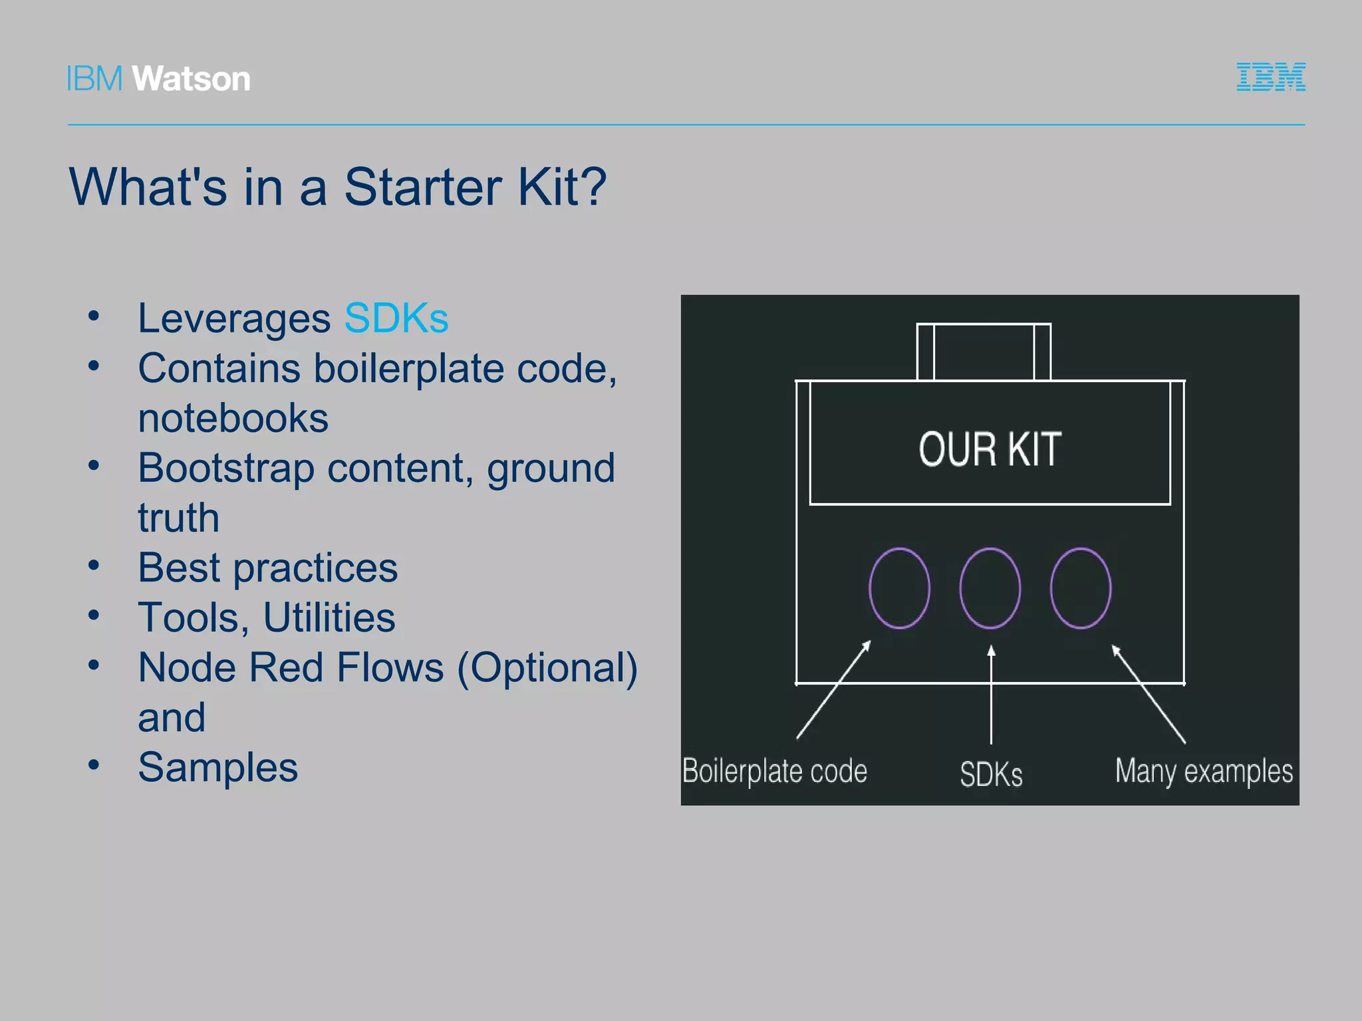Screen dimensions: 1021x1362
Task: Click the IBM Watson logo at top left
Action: pyautogui.click(x=158, y=78)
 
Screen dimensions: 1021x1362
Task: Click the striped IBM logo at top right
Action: pyautogui.click(x=1270, y=77)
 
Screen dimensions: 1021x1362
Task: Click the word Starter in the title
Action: pyautogui.click(x=422, y=187)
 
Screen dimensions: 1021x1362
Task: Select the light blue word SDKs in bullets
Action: pyautogui.click(x=396, y=318)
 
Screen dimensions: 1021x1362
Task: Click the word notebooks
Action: pyautogui.click(x=233, y=418)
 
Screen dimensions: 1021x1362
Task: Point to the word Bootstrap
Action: pyautogui.click(x=225, y=468)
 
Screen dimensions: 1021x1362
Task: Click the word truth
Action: pyautogui.click(x=178, y=518)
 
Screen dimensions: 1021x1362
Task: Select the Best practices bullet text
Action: pyautogui.click(x=267, y=568)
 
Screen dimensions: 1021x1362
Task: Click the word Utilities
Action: pyautogui.click(x=329, y=618)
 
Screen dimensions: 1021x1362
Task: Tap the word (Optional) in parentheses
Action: pyautogui.click(x=547, y=667)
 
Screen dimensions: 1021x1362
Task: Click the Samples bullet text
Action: pyautogui.click(x=217, y=767)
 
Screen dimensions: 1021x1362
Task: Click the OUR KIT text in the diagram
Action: pyautogui.click(x=990, y=449)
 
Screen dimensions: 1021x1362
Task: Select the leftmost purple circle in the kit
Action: pyautogui.click(x=899, y=588)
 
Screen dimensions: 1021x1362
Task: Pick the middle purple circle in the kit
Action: pyautogui.click(x=990, y=588)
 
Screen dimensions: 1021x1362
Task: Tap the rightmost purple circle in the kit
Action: pyautogui.click(x=1081, y=588)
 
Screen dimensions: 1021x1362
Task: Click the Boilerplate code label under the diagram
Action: pyautogui.click(x=775, y=772)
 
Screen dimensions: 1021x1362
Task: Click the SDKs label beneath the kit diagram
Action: pyautogui.click(x=991, y=774)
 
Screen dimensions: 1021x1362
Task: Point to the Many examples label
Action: pyautogui.click(x=1204, y=772)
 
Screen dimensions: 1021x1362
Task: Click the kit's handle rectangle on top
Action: pyautogui.click(x=984, y=352)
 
